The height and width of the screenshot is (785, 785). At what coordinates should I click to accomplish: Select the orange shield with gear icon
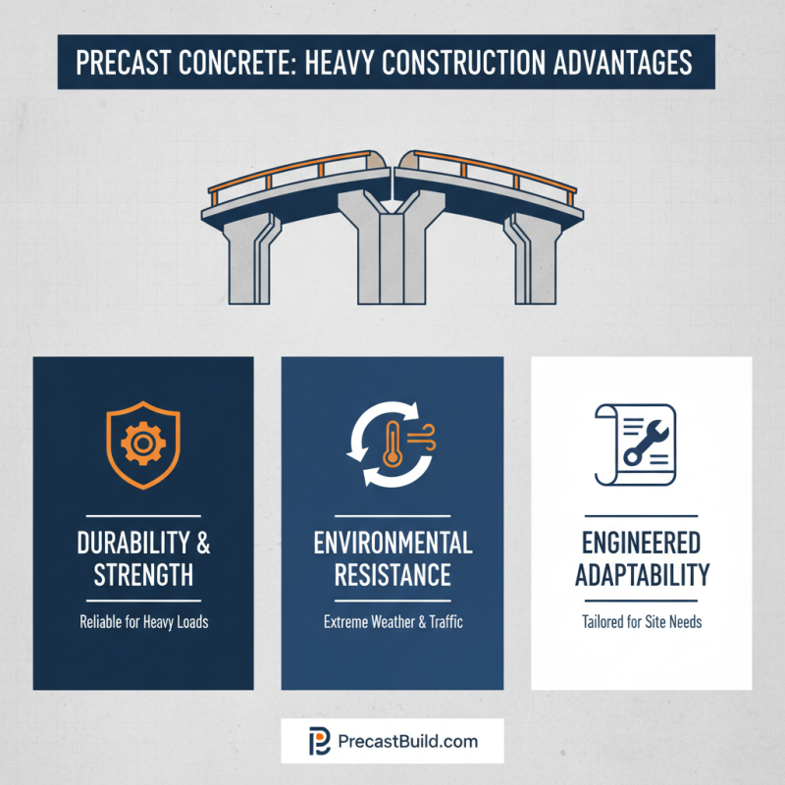point(143,447)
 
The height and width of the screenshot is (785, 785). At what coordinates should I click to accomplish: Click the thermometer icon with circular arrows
point(392,447)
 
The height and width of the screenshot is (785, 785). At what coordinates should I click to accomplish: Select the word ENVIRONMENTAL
point(392,543)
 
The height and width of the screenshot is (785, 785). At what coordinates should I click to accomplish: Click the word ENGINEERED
point(641,543)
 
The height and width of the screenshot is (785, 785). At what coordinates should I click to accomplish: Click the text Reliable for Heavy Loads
point(143,622)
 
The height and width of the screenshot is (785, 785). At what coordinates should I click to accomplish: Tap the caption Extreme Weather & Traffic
point(392,622)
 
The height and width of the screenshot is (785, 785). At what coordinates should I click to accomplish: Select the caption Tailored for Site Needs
point(641,622)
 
